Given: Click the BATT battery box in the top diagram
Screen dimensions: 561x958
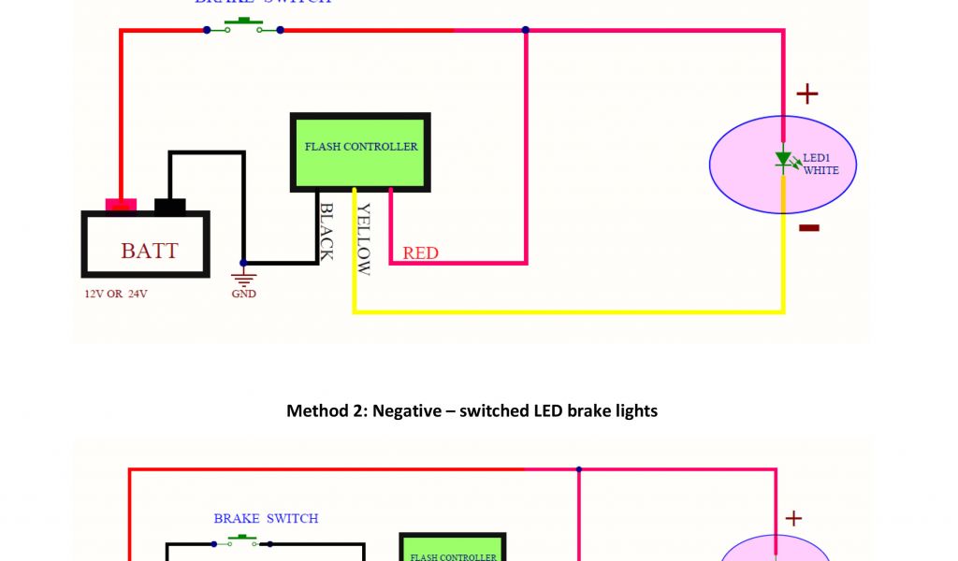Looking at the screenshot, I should (146, 245).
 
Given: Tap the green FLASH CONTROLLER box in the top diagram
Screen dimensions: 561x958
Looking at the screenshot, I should (360, 152).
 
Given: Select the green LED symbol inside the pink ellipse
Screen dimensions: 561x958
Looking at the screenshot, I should (784, 160).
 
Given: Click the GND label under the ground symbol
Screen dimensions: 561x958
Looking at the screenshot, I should (243, 294).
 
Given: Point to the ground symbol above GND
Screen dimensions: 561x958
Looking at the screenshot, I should (243, 278).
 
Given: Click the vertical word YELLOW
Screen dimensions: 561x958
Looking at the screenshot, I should (364, 239).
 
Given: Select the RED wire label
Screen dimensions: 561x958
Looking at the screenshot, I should (420, 252).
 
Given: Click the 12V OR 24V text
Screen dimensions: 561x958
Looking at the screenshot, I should (116, 294).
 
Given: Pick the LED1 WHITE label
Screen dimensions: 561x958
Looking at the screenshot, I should (820, 164).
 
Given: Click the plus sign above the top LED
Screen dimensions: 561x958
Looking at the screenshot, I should (806, 93).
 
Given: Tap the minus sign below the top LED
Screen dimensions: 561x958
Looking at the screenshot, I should (809, 227).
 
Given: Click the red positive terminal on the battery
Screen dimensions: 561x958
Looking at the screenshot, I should (121, 204).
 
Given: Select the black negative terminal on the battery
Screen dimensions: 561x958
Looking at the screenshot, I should (169, 206).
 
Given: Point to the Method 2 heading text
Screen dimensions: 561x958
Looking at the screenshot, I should (472, 410).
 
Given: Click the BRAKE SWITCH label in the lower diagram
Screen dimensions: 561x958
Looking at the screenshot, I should (266, 518).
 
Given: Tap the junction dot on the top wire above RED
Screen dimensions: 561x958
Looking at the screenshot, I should (526, 30).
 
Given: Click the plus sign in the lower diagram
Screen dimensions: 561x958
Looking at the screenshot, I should (793, 518).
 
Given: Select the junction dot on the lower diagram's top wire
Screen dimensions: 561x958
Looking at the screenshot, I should (580, 469).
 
